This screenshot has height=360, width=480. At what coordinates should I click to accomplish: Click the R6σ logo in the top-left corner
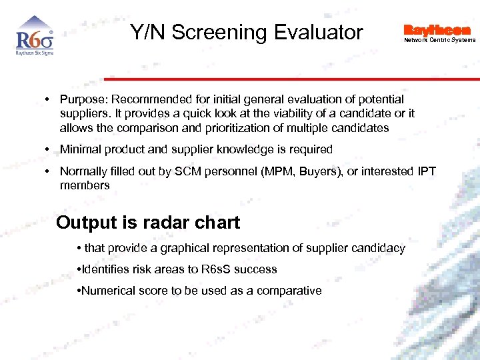34,41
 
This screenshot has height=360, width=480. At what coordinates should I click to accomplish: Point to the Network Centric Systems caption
440,40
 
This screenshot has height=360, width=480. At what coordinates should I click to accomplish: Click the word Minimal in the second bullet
79,149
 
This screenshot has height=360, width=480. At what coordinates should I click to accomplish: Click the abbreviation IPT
425,171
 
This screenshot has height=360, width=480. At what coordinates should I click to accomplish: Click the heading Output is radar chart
148,223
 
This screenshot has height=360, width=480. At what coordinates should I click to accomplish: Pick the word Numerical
109,291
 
